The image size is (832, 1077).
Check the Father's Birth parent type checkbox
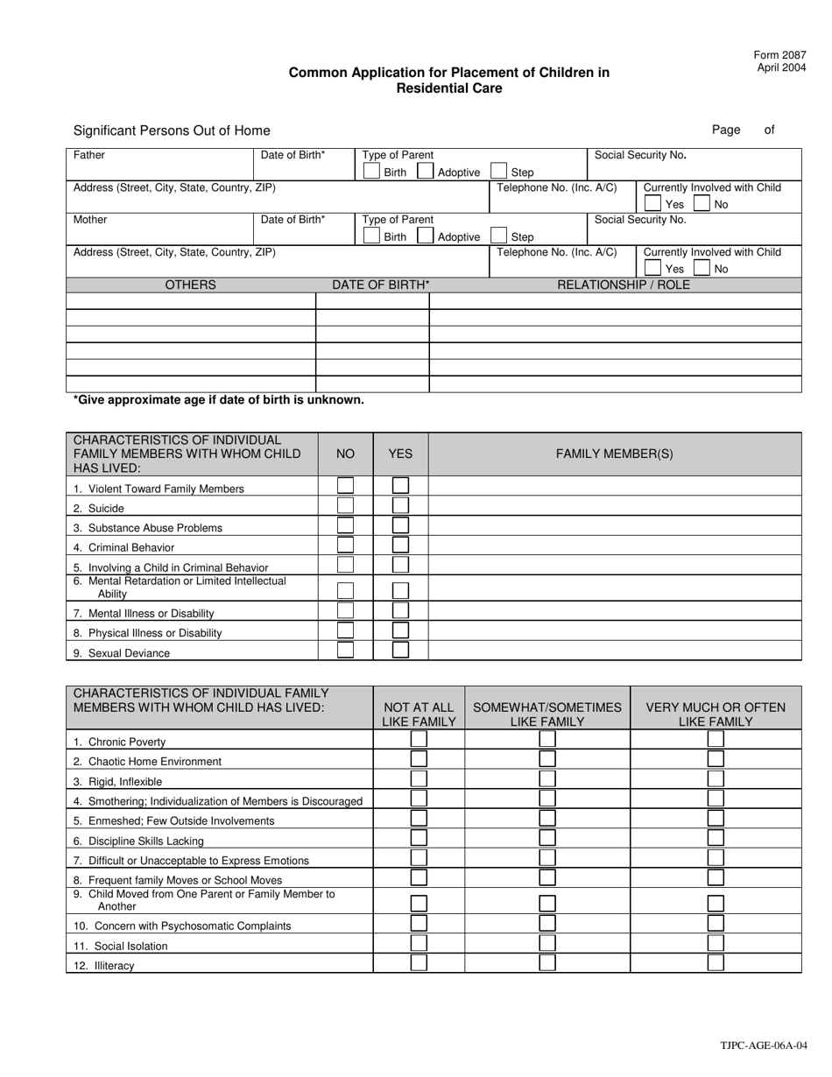[x=372, y=172]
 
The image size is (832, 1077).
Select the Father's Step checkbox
[x=498, y=172]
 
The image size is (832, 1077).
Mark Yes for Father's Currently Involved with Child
[x=652, y=204]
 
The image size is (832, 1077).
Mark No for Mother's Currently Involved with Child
[x=702, y=269]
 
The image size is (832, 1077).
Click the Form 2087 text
[x=779, y=55]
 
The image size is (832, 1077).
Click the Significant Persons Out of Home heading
[x=172, y=130]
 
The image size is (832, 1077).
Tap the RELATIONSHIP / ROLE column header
[x=624, y=285]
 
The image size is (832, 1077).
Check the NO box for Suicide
[x=346, y=506]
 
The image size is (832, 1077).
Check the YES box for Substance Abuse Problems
[x=400, y=526]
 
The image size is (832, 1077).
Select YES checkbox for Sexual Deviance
[x=400, y=651]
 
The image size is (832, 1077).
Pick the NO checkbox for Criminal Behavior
[x=346, y=546]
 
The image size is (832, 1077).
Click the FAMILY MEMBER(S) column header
[x=614, y=454]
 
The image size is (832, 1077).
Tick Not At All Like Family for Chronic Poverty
[x=420, y=739]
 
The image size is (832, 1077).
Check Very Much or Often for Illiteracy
[x=716, y=963]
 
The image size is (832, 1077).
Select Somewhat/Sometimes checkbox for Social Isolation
[x=547, y=944]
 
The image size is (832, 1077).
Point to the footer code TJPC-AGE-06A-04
[x=764, y=1045]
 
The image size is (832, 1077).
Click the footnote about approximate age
[x=218, y=400]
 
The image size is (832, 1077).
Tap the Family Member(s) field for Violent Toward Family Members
[x=614, y=486]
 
